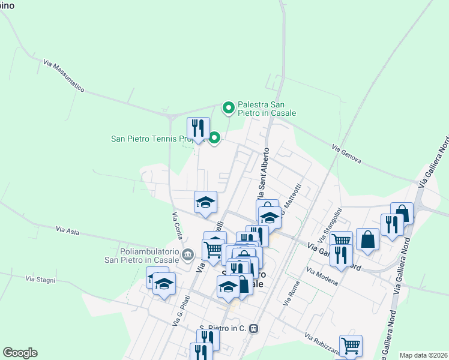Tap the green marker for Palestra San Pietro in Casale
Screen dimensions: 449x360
coord(228,108)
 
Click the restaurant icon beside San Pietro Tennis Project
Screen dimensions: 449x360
coord(198,128)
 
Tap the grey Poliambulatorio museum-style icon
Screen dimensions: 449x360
coord(187,256)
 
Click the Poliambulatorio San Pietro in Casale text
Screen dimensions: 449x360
coord(142,256)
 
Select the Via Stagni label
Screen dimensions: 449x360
coord(40,278)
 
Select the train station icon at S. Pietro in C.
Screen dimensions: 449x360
coord(254,329)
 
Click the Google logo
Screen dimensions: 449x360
coord(20,353)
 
